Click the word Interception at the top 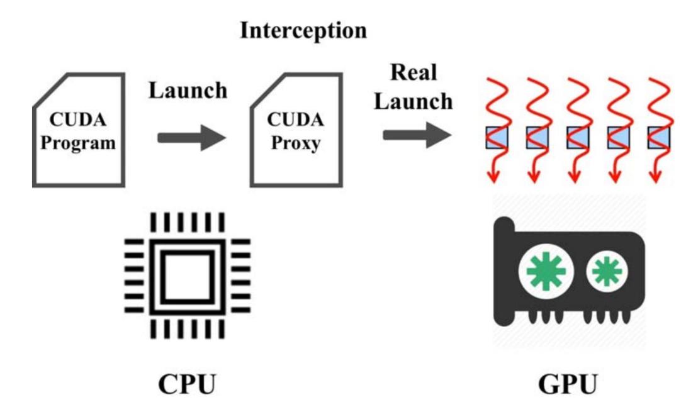[x=303, y=30]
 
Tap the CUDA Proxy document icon [x=296, y=130]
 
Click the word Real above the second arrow [x=414, y=72]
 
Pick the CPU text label [x=187, y=384]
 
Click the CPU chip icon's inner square [x=187, y=276]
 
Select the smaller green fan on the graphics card [x=607, y=272]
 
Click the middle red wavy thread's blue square [x=576, y=137]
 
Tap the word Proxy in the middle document [x=296, y=142]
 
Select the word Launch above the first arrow [x=188, y=90]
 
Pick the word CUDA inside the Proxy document [x=296, y=119]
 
